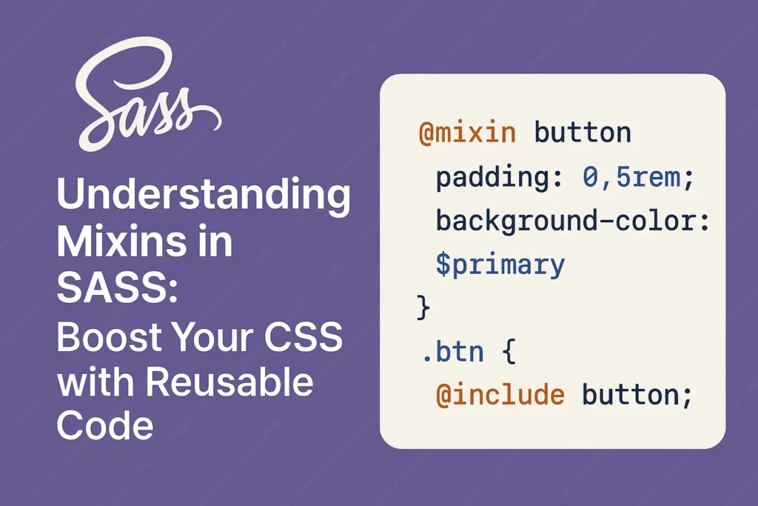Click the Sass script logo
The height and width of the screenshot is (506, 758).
[145, 97]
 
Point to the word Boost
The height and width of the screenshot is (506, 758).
[110, 336]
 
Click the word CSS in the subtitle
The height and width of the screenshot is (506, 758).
[303, 336]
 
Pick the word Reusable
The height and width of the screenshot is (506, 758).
[229, 382]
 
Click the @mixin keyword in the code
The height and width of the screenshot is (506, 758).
[468, 133]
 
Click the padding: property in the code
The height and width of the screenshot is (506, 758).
[500, 178]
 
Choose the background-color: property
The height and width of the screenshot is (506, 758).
[573, 221]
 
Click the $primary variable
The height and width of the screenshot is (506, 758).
[500, 265]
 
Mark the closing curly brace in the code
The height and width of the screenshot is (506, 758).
[423, 307]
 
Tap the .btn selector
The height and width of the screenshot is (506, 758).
[452, 352]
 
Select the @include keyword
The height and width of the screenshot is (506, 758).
[500, 395]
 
